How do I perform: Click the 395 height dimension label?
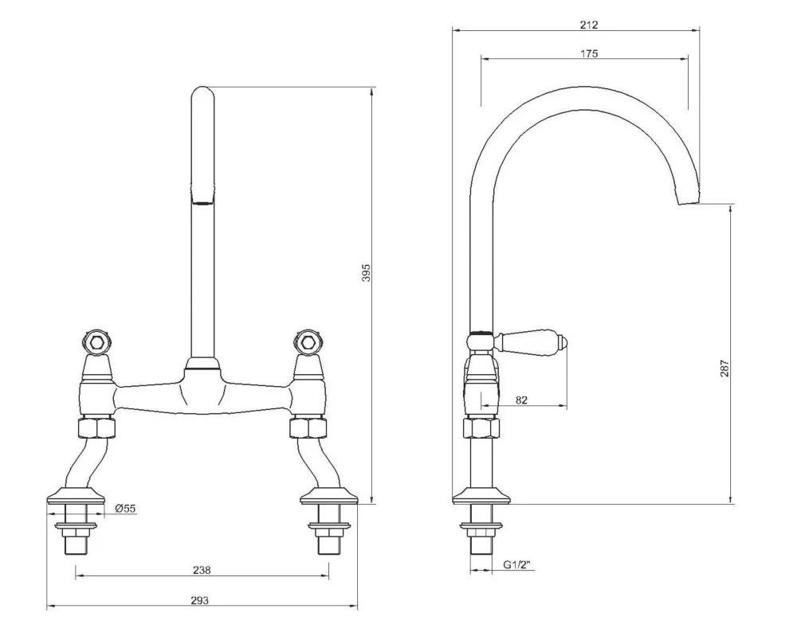[366, 275]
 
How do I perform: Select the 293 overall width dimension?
[200, 600]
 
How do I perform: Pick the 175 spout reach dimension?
[590, 53]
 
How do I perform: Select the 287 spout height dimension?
[724, 369]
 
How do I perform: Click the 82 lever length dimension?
[521, 401]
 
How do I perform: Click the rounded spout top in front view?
[202, 99]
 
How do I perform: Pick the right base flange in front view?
[327, 497]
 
